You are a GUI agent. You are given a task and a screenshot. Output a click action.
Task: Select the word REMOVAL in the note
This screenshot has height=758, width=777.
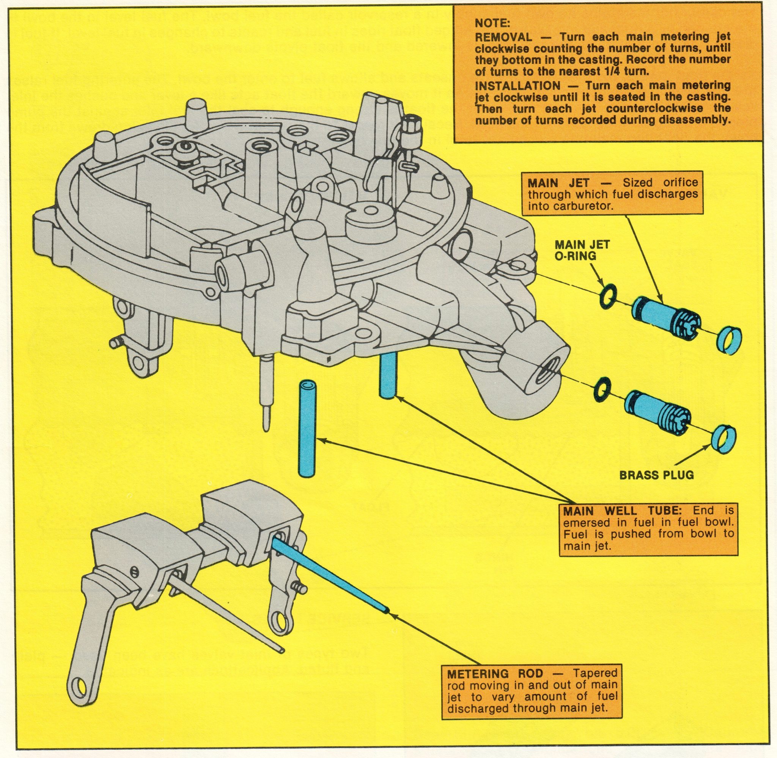pos(504,38)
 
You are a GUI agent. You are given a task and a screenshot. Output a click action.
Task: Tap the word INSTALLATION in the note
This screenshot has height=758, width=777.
pos(517,86)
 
